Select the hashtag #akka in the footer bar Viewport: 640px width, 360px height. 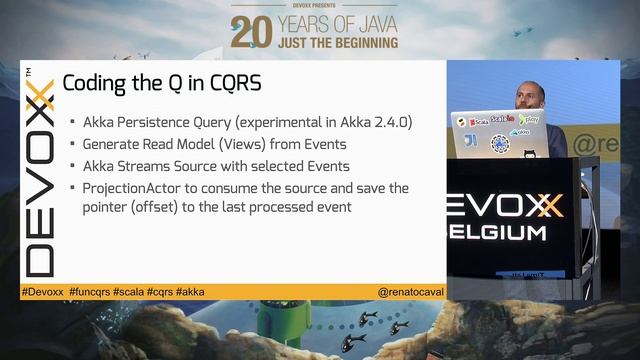click(x=189, y=292)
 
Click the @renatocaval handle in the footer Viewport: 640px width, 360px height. click(x=410, y=292)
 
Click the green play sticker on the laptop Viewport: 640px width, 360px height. click(x=531, y=119)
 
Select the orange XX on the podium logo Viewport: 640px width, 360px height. click(x=546, y=206)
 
